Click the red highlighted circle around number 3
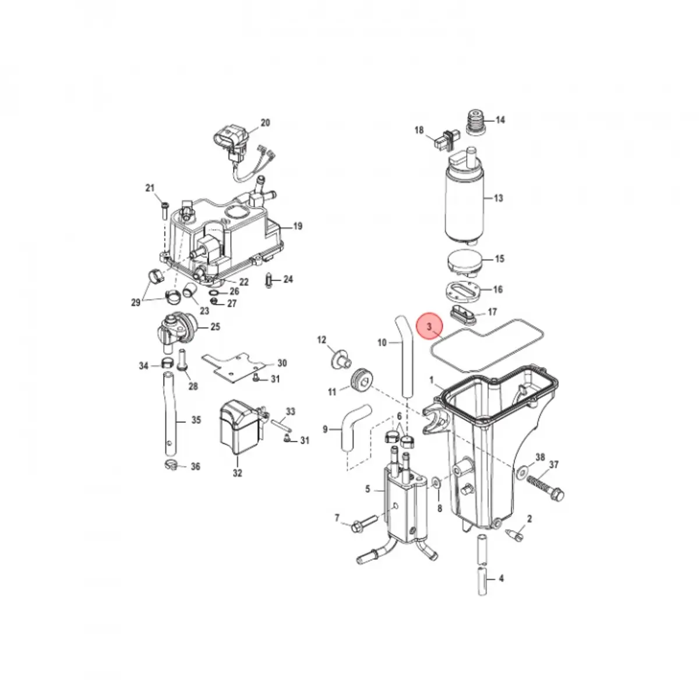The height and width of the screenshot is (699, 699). point(430,326)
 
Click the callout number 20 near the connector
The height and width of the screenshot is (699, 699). point(265,123)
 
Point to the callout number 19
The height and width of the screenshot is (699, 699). point(298,227)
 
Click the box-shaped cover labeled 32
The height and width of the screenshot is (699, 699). point(240,428)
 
